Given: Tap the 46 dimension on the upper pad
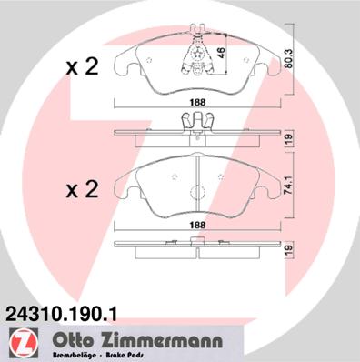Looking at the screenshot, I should point(221,55).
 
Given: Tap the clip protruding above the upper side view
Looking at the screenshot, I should point(197,121).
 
